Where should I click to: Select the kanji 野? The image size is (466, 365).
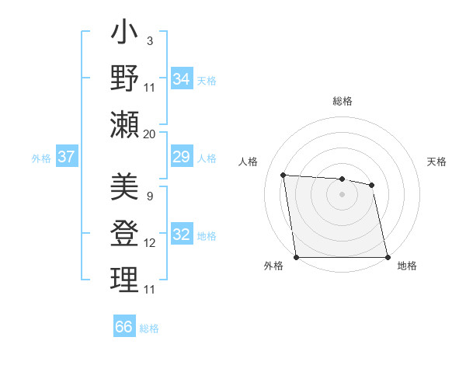pyautogui.click(x=125, y=80)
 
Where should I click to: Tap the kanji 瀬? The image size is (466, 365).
pyautogui.click(x=125, y=125)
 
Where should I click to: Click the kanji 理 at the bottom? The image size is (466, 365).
pyautogui.click(x=125, y=280)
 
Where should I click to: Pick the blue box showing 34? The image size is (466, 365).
pyautogui.click(x=181, y=79)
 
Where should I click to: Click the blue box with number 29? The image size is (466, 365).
pyautogui.click(x=181, y=158)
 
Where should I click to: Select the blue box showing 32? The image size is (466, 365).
pyautogui.click(x=181, y=235)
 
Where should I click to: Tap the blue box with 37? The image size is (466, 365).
pyautogui.click(x=66, y=158)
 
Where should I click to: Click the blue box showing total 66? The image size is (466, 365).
pyautogui.click(x=124, y=327)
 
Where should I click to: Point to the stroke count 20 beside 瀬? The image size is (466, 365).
pyautogui.click(x=149, y=134)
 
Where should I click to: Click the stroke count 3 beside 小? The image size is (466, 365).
pyautogui.click(x=149, y=40)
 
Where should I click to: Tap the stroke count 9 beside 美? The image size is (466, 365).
pyautogui.click(x=149, y=196)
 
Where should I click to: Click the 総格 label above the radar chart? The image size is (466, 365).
pyautogui.click(x=342, y=101)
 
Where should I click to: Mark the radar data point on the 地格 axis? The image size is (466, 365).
pyautogui.click(x=388, y=257)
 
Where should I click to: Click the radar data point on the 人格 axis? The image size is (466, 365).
pyautogui.click(x=283, y=176)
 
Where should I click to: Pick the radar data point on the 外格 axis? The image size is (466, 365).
pyautogui.click(x=296, y=257)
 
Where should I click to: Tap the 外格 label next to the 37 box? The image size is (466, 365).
pyautogui.click(x=41, y=158)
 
